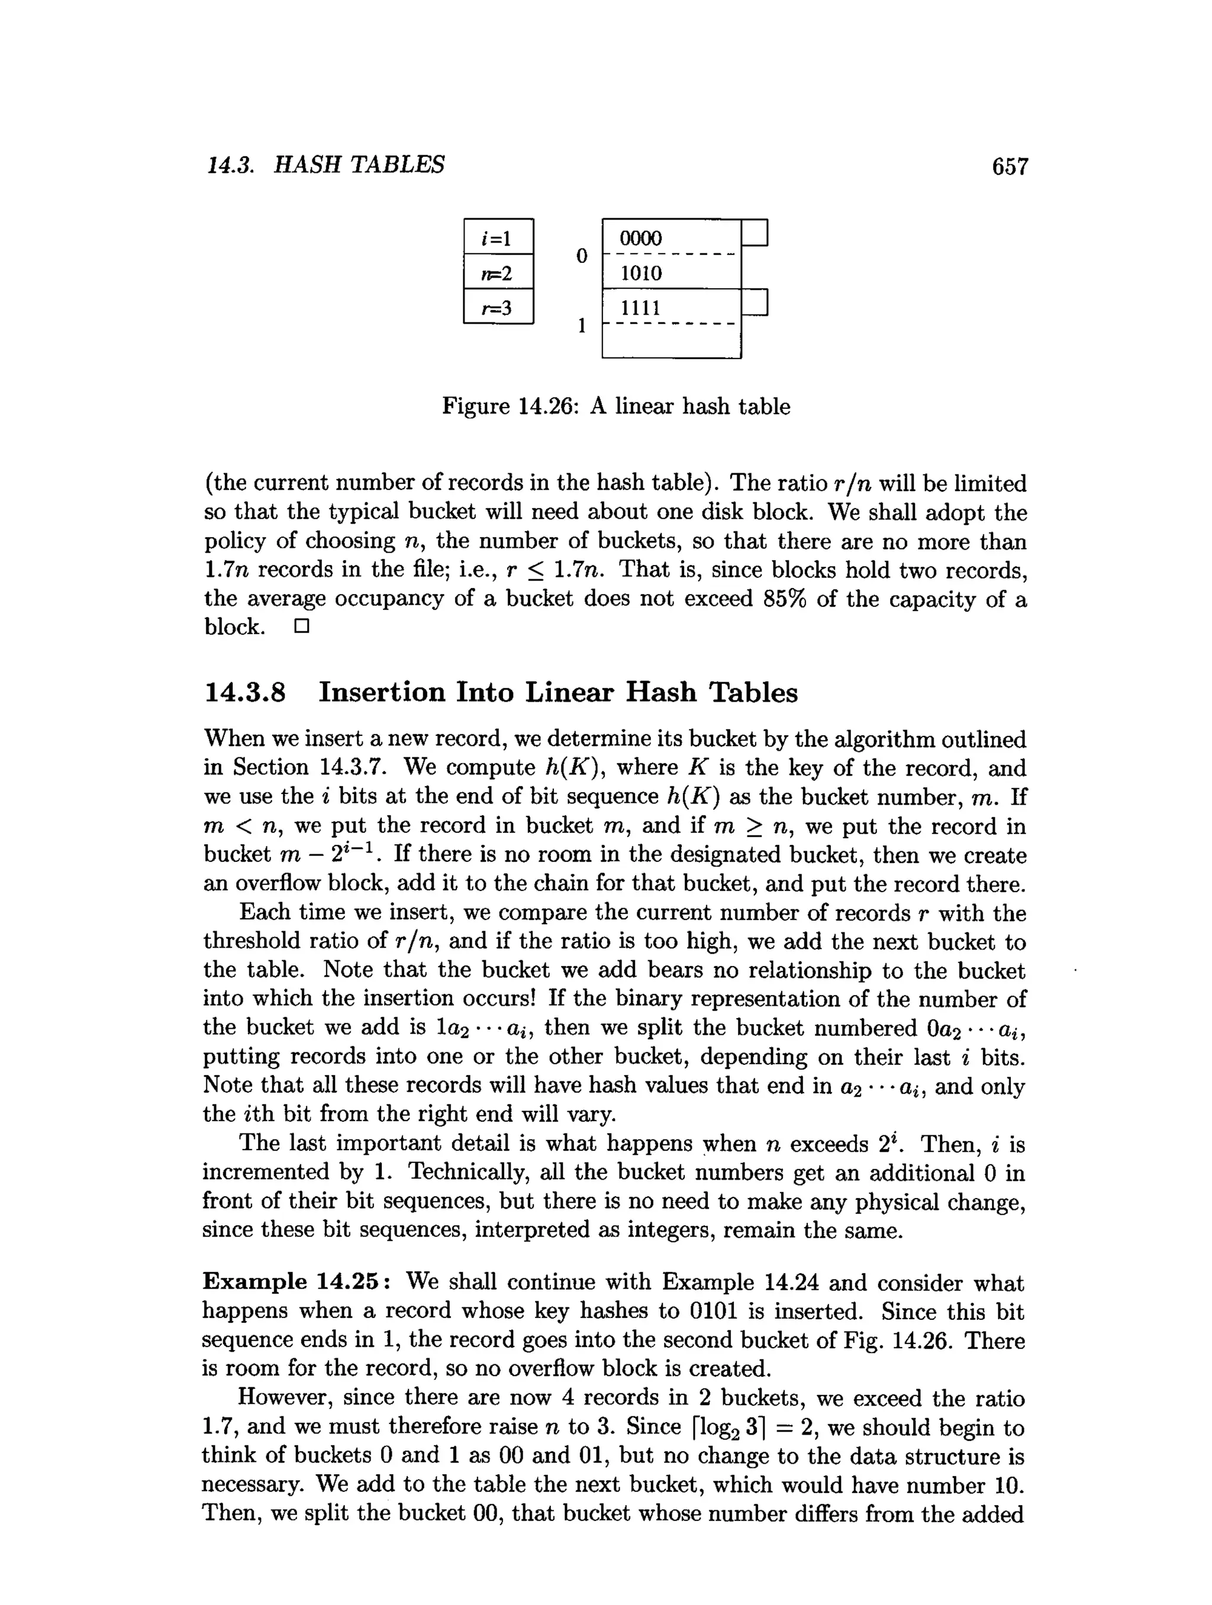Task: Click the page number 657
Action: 1010,167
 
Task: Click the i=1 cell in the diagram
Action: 498,237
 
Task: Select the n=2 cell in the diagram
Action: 498,272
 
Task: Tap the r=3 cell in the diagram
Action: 498,308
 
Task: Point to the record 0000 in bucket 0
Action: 640,238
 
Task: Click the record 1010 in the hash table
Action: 640,273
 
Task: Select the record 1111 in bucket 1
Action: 640,308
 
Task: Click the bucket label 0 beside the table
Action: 581,256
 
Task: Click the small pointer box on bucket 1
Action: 755,302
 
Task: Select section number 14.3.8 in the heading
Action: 246,692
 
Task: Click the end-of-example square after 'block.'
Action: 301,626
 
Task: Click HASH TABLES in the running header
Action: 359,166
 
